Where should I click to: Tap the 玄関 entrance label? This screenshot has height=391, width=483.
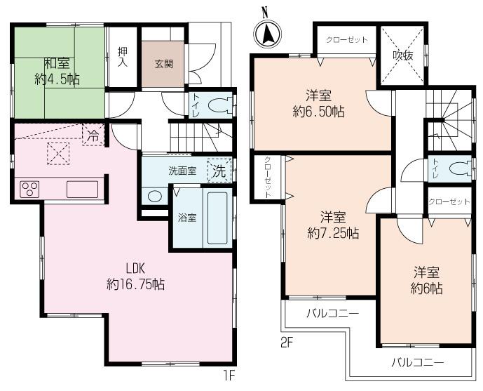(x=164, y=62)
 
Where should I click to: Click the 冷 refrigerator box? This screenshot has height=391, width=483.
(x=91, y=136)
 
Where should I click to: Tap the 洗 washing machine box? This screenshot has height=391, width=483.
(x=219, y=169)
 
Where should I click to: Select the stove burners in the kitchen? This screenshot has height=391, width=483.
(x=30, y=189)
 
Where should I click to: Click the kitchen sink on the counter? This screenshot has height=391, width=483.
(x=83, y=189)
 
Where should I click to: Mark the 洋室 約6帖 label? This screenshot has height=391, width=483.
(x=426, y=279)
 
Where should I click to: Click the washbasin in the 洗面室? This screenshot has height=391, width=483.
(x=154, y=195)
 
